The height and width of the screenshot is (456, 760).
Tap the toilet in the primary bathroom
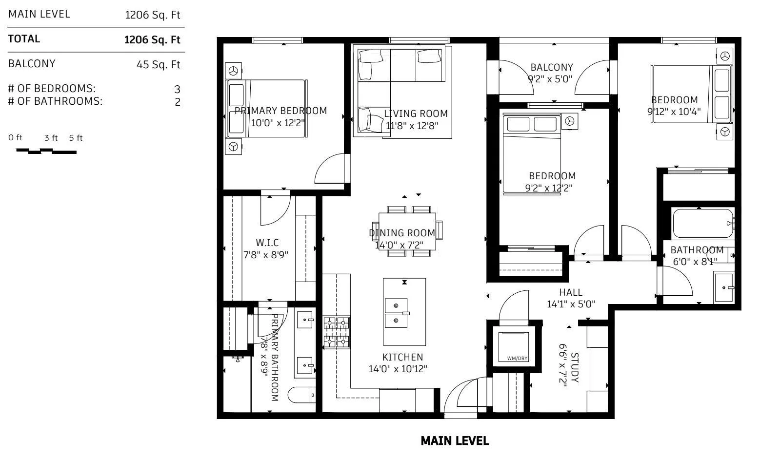click(x=301, y=395)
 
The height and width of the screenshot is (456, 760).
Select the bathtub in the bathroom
click(x=702, y=223)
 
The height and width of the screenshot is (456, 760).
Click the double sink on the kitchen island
click(x=397, y=313)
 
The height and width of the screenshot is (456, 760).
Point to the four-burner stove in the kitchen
click(x=336, y=332)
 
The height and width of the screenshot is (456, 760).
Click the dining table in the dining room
click(x=407, y=231)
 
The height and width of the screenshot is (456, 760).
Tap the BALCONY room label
click(x=552, y=67)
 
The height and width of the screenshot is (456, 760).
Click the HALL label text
click(x=571, y=292)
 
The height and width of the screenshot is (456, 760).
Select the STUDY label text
click(x=575, y=367)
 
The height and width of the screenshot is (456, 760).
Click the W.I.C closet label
click(x=267, y=243)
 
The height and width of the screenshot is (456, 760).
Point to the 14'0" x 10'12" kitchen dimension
click(x=398, y=369)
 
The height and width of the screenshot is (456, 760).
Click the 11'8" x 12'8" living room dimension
click(x=412, y=126)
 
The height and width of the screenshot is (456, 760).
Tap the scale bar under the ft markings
click(x=46, y=151)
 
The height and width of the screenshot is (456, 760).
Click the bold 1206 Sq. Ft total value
click(x=152, y=39)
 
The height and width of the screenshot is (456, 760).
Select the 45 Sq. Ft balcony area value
click(x=158, y=64)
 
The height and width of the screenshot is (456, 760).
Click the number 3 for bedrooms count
click(x=177, y=89)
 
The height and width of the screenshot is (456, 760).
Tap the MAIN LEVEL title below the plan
click(x=455, y=441)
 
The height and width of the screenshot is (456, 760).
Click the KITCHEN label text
click(x=402, y=357)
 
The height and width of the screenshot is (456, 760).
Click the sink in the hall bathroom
click(x=724, y=287)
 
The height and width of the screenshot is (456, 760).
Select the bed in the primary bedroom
click(x=267, y=109)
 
